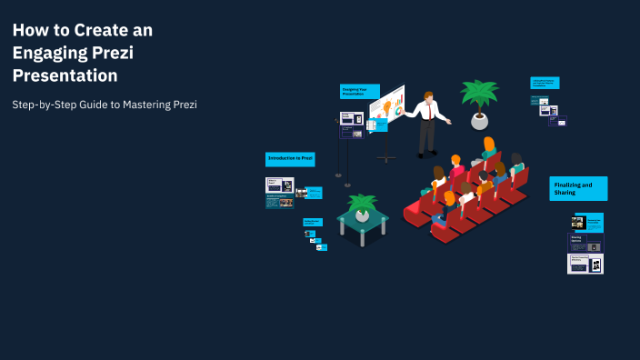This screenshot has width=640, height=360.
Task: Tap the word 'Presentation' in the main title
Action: (65, 76)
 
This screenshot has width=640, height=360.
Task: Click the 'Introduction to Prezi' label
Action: (290, 158)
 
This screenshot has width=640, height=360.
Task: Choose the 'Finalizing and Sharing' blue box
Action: (578, 188)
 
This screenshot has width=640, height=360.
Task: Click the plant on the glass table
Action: (363, 206)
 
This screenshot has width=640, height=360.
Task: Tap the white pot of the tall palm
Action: (479, 121)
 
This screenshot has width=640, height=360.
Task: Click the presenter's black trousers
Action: (426, 136)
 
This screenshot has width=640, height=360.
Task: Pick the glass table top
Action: (363, 219)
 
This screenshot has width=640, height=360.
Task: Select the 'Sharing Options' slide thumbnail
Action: (586, 243)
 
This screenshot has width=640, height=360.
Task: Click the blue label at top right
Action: (545, 83)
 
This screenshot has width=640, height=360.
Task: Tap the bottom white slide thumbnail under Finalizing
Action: (586, 264)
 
